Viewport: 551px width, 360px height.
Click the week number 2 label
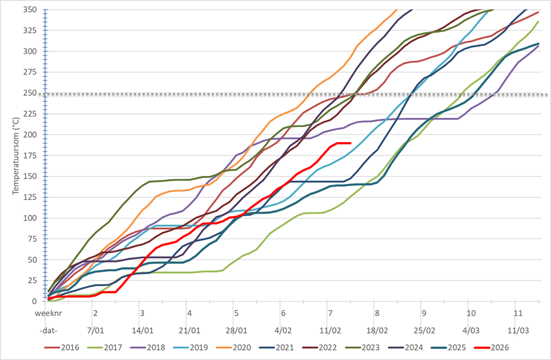point(95,313)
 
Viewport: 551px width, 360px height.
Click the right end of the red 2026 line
point(350,143)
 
